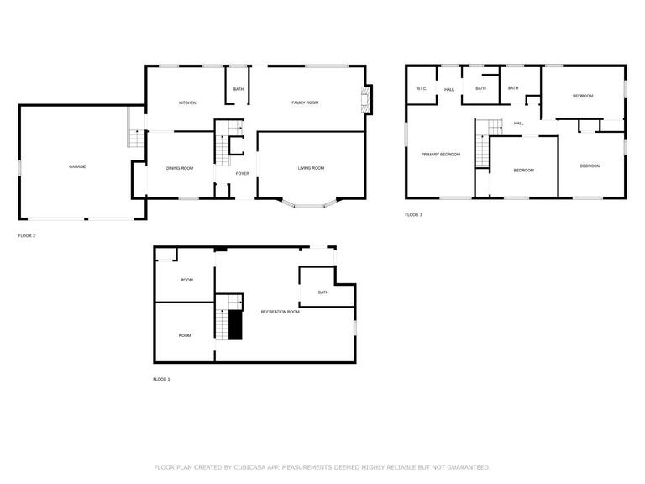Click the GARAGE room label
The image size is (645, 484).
[77, 166]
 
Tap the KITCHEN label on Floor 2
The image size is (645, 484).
[187, 103]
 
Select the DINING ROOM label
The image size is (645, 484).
[180, 168]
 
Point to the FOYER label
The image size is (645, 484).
[243, 174]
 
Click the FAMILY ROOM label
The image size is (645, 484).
[305, 103]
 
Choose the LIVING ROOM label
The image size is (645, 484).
[312, 168]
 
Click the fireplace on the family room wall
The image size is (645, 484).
[365, 100]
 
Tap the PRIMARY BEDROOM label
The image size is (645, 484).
[441, 155]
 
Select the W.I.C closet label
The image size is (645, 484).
[422, 88]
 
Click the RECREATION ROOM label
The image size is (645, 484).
[281, 312]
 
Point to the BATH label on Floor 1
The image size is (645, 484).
[323, 292]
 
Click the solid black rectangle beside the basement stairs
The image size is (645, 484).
[235, 325]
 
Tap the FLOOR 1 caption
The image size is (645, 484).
[161, 380]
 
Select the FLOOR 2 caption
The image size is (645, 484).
[27, 236]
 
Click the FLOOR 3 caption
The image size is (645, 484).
[414, 215]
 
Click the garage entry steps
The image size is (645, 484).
[137, 139]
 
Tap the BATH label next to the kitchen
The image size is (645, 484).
[239, 89]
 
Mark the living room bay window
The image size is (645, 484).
[309, 203]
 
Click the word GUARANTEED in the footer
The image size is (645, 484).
[469, 467]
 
